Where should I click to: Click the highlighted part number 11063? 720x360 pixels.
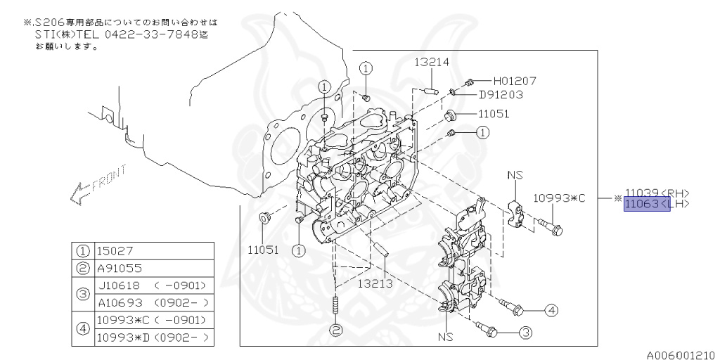click(641, 204)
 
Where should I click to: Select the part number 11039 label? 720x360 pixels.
click(641, 193)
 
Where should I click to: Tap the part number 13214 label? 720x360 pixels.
click(431, 62)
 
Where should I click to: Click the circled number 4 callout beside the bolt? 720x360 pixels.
click(551, 309)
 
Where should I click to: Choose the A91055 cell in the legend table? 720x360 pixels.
click(120, 268)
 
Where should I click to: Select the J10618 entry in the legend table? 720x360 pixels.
click(120, 285)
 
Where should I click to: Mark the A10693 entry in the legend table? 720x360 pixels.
click(120, 302)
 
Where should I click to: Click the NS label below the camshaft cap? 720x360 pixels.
click(446, 337)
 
